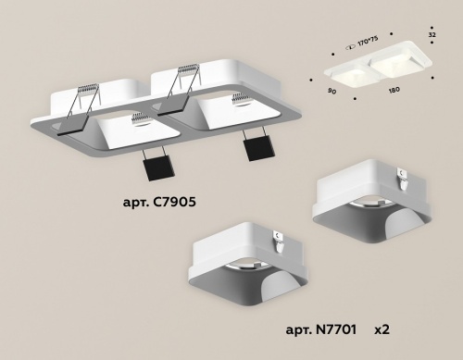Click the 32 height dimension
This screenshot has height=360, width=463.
[x=432, y=33]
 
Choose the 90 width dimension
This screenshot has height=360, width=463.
[x=331, y=91]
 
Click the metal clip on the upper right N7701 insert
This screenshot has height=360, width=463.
[x=401, y=172]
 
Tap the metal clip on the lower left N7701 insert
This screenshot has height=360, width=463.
[x=278, y=240]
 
